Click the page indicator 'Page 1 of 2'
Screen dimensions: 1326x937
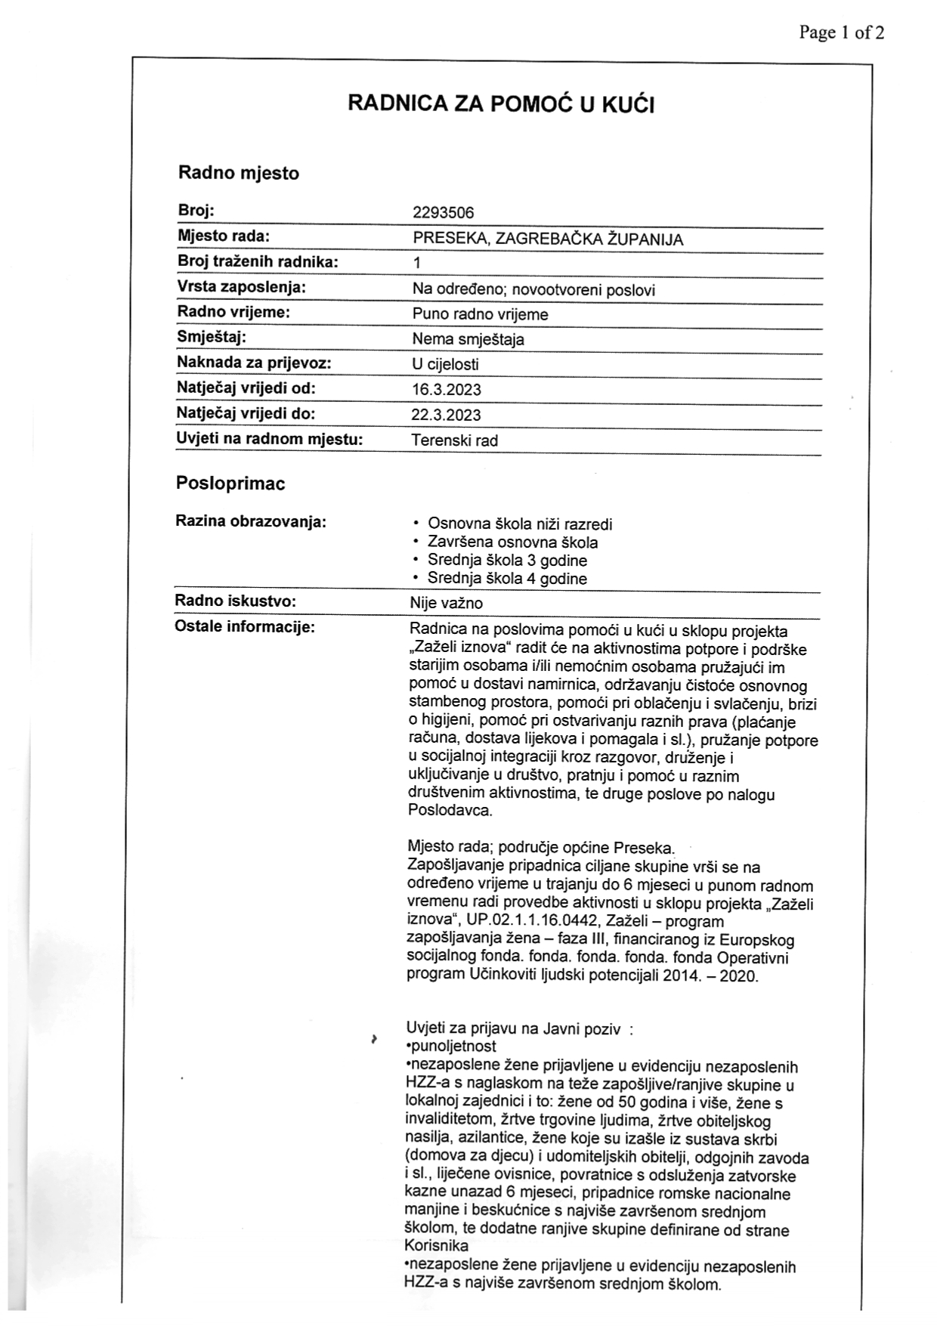pyautogui.click(x=841, y=32)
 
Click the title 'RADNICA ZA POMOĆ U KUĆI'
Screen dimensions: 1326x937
pyautogui.click(x=501, y=104)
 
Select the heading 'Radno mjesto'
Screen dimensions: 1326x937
pyautogui.click(x=239, y=173)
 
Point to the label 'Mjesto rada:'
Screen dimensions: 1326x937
pyautogui.click(x=224, y=236)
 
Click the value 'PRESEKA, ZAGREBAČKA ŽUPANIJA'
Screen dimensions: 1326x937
pyautogui.click(x=548, y=240)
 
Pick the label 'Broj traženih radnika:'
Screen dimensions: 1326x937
pyautogui.click(x=258, y=261)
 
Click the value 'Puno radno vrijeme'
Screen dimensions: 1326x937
pyautogui.click(x=480, y=314)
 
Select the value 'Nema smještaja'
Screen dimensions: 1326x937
pyautogui.click(x=468, y=339)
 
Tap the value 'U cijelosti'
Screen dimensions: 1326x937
pyautogui.click(x=445, y=364)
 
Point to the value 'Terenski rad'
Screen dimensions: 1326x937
pyautogui.click(x=454, y=440)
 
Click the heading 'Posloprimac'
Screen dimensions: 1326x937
pyautogui.click(x=230, y=484)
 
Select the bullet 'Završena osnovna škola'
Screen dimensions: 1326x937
pyautogui.click(x=512, y=542)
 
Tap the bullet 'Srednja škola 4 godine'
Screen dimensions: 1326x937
pyautogui.click(x=507, y=579)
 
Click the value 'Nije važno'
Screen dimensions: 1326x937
pyautogui.click(x=446, y=603)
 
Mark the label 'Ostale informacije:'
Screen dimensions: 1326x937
pyautogui.click(x=244, y=626)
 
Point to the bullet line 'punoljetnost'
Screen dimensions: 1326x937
pyautogui.click(x=452, y=1046)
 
